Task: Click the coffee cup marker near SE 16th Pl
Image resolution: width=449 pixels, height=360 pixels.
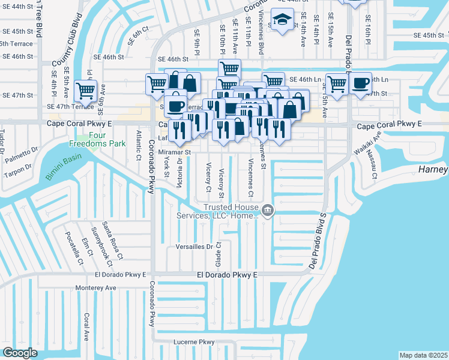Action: (360, 84)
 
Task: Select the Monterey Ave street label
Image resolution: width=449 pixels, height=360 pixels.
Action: (95, 288)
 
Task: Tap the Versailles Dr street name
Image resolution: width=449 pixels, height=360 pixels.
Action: (194, 247)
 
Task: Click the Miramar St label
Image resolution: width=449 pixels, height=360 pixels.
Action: (174, 152)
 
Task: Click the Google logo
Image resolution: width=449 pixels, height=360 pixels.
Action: (20, 353)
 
